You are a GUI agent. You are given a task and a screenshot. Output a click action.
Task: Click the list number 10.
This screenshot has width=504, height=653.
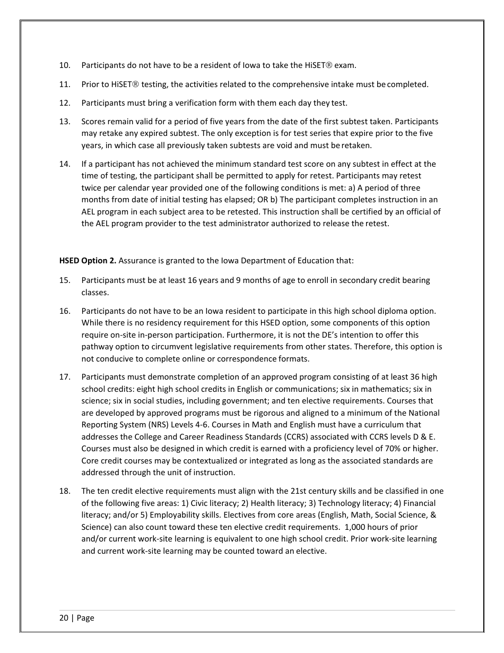pos(64,65)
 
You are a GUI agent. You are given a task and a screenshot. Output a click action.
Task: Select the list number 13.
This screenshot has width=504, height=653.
pos(64,122)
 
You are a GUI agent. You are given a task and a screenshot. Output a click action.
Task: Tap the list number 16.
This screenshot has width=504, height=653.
pos(64,311)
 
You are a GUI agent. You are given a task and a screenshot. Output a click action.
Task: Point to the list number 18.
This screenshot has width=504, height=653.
pos(64,491)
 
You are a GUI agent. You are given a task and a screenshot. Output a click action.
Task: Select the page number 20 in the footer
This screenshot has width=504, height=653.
pos(64,618)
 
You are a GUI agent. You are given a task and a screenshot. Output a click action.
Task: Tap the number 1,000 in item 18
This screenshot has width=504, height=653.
pos(357,527)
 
